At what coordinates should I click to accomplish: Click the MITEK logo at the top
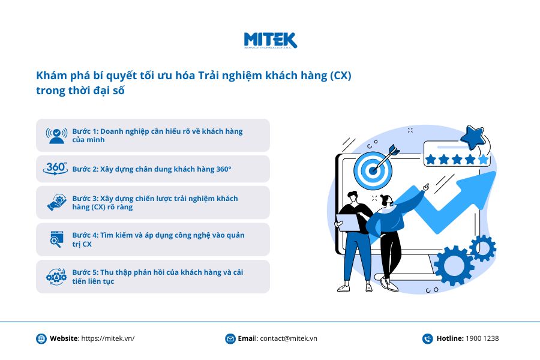point(271,41)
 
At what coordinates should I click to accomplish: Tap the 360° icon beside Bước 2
point(55,169)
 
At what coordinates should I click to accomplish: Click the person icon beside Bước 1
point(56,136)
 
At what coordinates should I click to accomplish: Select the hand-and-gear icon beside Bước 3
point(57,202)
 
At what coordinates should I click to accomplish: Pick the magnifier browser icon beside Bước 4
point(57,239)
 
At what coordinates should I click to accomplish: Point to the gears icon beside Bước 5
point(56,276)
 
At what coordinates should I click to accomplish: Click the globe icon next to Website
point(41,338)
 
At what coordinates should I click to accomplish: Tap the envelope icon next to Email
point(230,338)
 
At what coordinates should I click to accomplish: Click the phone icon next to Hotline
point(427,338)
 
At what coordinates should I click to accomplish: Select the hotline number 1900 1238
point(482,338)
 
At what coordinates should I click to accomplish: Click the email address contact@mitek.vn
point(289,338)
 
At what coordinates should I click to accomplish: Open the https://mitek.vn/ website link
point(108,338)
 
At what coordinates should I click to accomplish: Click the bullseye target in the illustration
point(373,170)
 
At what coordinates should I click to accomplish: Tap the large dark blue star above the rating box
point(473,137)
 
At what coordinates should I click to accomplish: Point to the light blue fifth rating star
point(484,159)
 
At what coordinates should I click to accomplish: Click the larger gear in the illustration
point(454,266)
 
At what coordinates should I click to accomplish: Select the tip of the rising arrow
point(496,172)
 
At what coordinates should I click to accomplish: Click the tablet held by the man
point(348,222)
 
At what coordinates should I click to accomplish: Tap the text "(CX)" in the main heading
point(341,76)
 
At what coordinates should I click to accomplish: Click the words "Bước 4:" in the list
point(85,235)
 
